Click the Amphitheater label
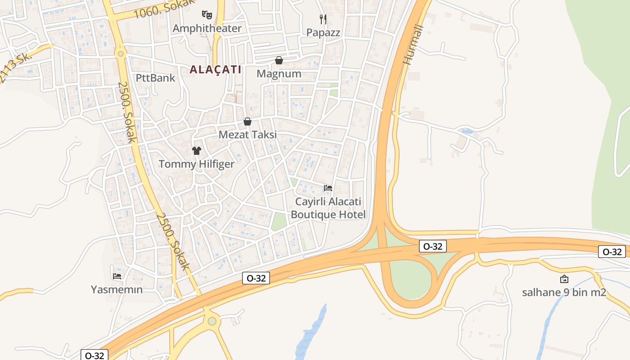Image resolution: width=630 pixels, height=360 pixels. click(207, 28)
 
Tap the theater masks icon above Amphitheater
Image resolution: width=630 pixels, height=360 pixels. click(207, 14)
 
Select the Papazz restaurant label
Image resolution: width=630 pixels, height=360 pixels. click(323, 32)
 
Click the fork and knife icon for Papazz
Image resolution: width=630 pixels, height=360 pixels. click(323, 19)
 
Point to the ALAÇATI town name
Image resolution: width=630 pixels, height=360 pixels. click(216, 69)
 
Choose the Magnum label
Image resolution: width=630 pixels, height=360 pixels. click(279, 73)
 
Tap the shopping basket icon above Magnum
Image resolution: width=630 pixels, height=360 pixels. click(279, 60)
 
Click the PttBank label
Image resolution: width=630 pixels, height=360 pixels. click(155, 78)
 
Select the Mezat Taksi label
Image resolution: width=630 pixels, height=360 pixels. click(247, 135)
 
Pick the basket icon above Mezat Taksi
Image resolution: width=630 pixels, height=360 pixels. click(247, 121)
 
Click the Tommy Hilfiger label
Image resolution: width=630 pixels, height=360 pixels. click(196, 164)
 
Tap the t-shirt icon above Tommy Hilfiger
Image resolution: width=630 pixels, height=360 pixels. click(196, 151)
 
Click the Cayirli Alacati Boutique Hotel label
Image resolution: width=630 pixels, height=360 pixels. click(328, 208)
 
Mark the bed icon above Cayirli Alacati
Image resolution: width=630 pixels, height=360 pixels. click(328, 188)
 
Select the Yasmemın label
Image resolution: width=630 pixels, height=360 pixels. click(117, 289)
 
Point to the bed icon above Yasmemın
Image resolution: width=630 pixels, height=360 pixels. click(117, 276)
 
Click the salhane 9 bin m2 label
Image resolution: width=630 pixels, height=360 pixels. click(564, 292)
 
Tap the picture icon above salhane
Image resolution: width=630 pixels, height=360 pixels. click(564, 279)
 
